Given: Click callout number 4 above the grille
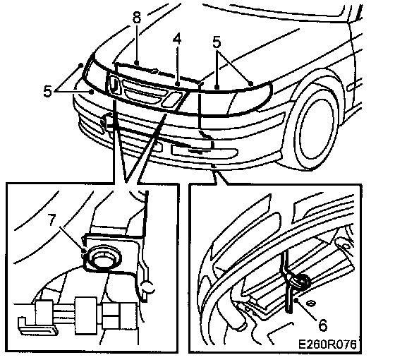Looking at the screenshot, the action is pos(177,39).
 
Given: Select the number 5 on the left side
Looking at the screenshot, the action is pos(47,91).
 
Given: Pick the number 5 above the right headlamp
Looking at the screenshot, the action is pos(217,42).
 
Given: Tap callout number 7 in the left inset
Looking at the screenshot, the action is pos(52,220).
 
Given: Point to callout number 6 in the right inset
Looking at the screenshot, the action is pos(323,325).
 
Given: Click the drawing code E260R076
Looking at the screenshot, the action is pos(327,344).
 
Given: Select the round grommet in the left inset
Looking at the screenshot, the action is pos(103,258).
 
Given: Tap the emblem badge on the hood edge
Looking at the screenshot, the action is pos(154,72).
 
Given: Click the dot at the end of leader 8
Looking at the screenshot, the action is pos(137,62).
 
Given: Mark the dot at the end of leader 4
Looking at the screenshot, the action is pos(178,84).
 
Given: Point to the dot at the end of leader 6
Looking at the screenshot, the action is pos(296,300).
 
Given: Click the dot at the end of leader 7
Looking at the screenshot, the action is pos(83,251).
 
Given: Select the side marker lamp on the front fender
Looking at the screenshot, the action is pos(355,86).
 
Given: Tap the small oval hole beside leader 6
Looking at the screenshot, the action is pos(311,304).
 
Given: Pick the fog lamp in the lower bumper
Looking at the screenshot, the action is pos(204,151).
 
